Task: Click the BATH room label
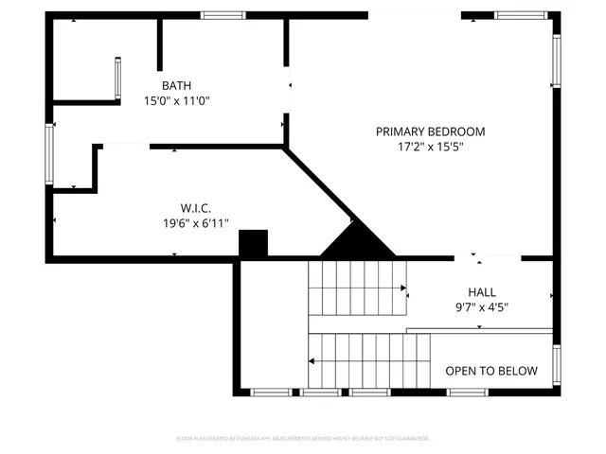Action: point(176,85)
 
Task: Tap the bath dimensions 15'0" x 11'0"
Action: point(176,100)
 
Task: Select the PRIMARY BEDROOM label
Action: point(430,131)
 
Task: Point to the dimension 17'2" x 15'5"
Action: point(430,147)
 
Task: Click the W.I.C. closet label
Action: point(195,208)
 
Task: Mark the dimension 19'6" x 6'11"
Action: point(195,223)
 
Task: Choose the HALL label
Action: point(481,292)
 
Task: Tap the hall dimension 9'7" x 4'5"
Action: point(481,306)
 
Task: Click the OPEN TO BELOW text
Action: point(491,371)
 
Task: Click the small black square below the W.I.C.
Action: point(253,244)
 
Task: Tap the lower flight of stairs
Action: point(369,360)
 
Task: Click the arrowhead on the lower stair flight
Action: point(312,360)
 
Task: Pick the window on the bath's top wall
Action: point(223,15)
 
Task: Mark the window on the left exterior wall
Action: point(49,151)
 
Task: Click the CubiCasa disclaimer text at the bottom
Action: point(303,439)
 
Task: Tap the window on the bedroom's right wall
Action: point(557,61)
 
